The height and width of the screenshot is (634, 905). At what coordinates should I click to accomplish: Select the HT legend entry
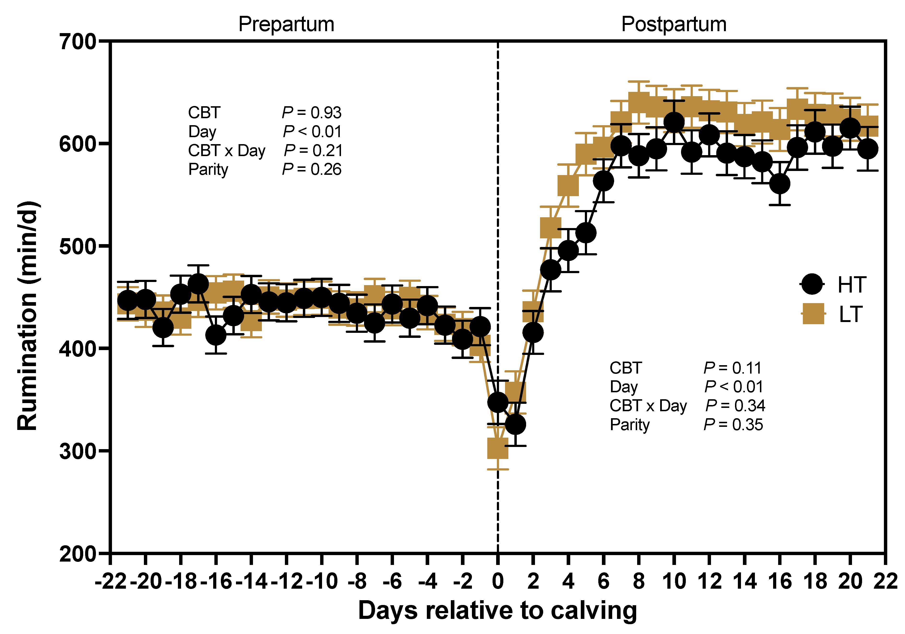pyautogui.click(x=851, y=284)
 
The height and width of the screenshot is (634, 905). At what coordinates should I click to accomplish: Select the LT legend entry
pyautogui.click(x=850, y=314)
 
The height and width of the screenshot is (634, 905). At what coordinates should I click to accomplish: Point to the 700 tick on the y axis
pyautogui.click(x=78, y=41)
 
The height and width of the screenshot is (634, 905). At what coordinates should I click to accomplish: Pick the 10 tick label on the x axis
pyautogui.click(x=674, y=581)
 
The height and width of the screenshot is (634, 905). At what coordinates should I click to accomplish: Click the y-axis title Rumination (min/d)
pyautogui.click(x=28, y=316)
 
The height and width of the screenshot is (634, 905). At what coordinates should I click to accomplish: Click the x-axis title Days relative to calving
pyautogui.click(x=497, y=611)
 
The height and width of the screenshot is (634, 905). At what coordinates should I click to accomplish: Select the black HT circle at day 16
pyautogui.click(x=779, y=184)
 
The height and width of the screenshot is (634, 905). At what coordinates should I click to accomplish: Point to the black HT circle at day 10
pyautogui.click(x=674, y=122)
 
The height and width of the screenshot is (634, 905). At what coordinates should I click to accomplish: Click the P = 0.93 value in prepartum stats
pyautogui.click(x=311, y=113)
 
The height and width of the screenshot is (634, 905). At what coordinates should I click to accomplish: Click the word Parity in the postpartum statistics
pyautogui.click(x=629, y=425)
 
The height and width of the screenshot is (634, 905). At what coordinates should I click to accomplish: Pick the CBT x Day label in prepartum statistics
pyautogui.click(x=227, y=151)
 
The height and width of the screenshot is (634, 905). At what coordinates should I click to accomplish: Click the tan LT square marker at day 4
pyautogui.click(x=568, y=185)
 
